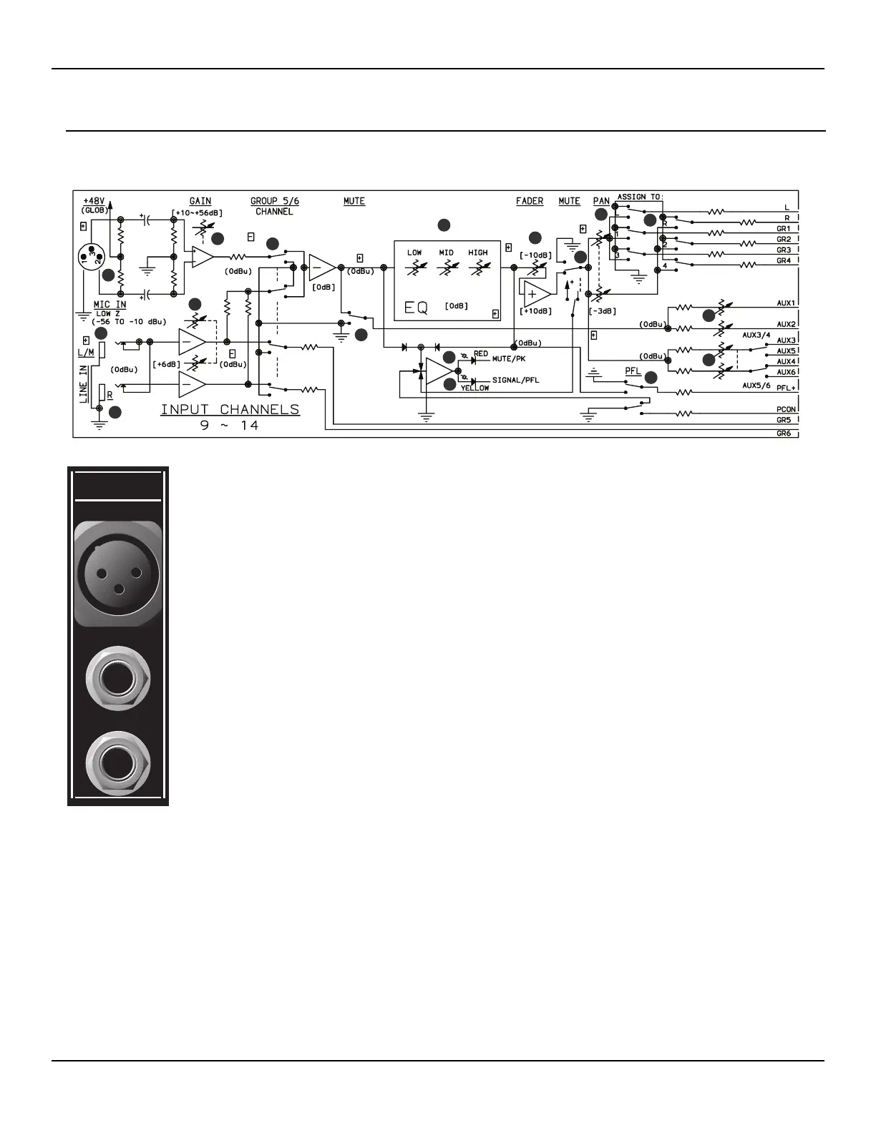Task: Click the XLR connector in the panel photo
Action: (x=118, y=573)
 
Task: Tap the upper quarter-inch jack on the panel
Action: (x=118, y=679)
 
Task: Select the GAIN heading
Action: (x=200, y=201)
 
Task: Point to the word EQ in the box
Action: (x=416, y=308)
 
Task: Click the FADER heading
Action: (x=530, y=201)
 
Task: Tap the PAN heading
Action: (x=601, y=201)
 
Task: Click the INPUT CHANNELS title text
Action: (x=230, y=410)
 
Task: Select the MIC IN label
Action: (x=109, y=305)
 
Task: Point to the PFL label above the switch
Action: (x=633, y=371)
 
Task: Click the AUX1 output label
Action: (x=787, y=303)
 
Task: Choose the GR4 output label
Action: (x=784, y=261)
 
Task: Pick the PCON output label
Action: (x=787, y=410)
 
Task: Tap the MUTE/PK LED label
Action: (x=509, y=358)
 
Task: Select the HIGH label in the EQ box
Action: (x=478, y=252)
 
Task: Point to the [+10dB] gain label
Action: (x=535, y=311)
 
